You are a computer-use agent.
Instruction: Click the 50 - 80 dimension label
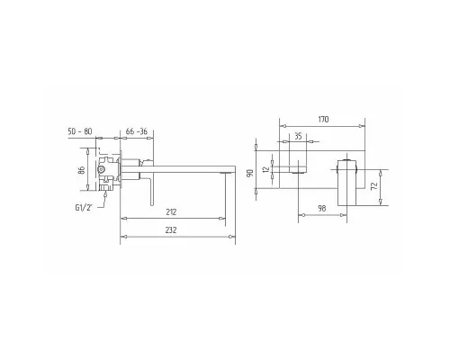[80, 131]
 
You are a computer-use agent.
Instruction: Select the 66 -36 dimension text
[137, 131]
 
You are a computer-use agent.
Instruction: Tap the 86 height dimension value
[81, 170]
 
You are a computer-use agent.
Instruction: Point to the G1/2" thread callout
[84, 207]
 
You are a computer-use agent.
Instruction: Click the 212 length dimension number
[171, 212]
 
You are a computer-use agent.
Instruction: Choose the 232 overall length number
[171, 230]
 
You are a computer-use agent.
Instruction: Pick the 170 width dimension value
[323, 119]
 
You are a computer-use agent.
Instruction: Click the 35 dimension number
[298, 136]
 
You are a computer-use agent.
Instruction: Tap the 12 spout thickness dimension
[265, 169]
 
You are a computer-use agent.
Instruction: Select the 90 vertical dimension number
[251, 174]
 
